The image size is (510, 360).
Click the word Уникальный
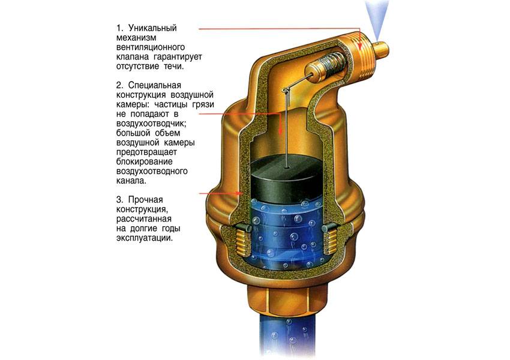point(152,28)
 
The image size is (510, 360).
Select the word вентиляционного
point(151,47)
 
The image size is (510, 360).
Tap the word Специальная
point(154,86)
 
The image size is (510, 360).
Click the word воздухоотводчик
point(151,124)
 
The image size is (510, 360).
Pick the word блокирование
point(145,161)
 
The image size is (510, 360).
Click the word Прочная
point(145,200)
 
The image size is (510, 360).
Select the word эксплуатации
point(145,238)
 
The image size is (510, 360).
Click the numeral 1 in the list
point(119,28)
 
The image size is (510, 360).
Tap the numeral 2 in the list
point(119,86)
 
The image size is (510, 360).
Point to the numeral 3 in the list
point(119,200)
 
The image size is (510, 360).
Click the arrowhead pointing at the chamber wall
point(240,193)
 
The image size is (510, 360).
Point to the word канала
point(131,181)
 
